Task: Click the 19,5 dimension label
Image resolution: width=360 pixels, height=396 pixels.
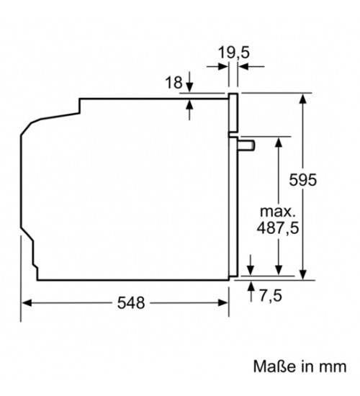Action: coord(233,53)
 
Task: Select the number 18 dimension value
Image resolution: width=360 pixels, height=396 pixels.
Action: coord(174,82)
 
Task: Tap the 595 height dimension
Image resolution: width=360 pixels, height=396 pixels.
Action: coord(302,180)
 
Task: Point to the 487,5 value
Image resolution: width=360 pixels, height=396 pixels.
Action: coord(278,228)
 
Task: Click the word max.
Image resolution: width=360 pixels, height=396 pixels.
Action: coord(278,212)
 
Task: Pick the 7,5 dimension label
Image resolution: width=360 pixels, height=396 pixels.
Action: coord(270,295)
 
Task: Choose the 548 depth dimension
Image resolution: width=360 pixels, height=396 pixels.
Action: coord(131,302)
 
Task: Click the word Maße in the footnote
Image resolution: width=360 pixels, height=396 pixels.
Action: coord(274,366)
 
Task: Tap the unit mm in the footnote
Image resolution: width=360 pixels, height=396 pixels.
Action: coord(333,366)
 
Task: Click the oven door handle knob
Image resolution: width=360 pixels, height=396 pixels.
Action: coord(246,145)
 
